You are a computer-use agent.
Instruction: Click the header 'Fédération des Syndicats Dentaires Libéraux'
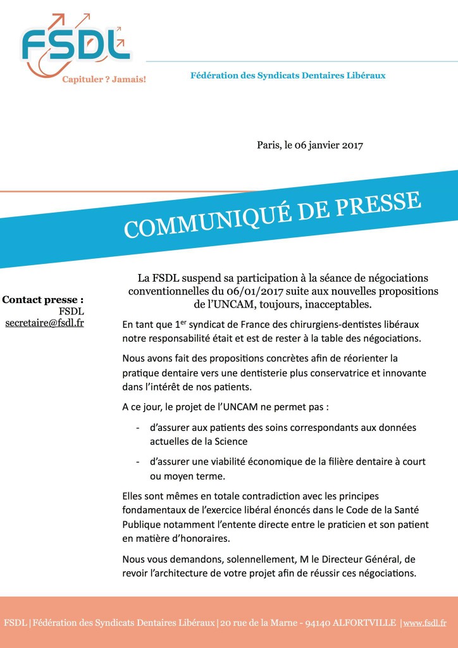pyautogui.click(x=288, y=75)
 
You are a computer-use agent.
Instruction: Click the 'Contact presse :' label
pyautogui.click(x=43, y=299)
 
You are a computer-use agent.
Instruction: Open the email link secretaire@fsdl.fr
pyautogui.click(x=44, y=323)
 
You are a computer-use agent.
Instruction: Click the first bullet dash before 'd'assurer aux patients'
pyautogui.click(x=138, y=428)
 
